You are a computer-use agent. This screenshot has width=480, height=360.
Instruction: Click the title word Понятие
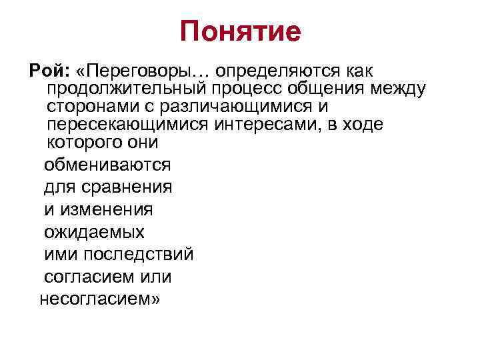tap(240, 31)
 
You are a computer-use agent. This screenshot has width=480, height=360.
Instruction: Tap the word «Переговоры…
tap(140, 70)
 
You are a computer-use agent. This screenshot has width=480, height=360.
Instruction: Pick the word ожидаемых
tap(94, 232)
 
